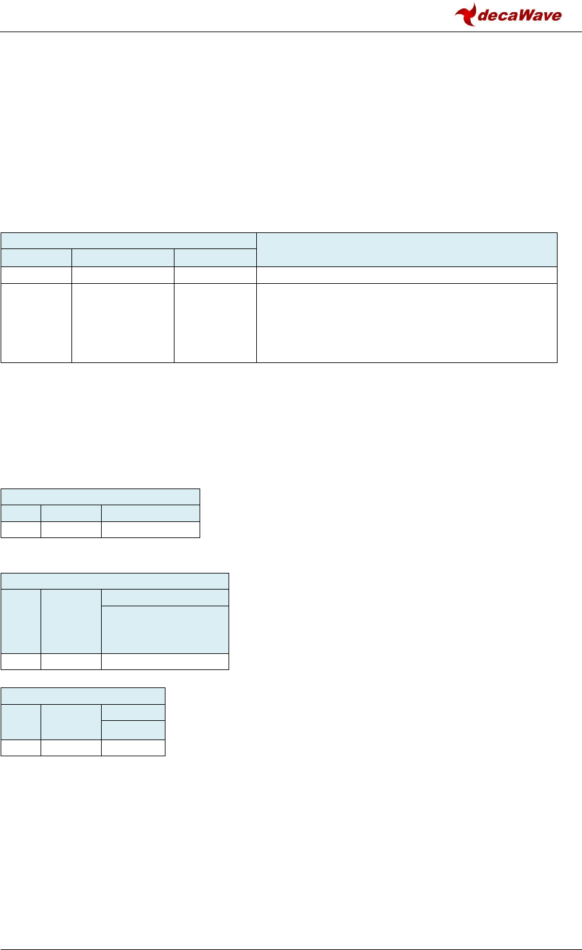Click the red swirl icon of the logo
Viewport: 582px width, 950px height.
pos(465,14)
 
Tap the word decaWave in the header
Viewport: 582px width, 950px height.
pos(519,15)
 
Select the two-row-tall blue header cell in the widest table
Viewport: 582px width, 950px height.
pos(406,249)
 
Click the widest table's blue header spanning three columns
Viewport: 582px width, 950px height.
pos(129,240)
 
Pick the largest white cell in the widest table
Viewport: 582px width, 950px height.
pos(406,322)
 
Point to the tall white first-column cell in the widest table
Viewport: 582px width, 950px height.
pos(36,322)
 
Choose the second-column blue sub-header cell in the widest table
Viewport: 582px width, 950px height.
pos(122,257)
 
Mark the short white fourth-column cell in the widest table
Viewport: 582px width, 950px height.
pos(406,275)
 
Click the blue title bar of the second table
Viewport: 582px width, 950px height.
pos(100,497)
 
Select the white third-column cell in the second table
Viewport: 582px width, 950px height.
pos(151,529)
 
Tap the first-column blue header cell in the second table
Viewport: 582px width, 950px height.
pos(21,513)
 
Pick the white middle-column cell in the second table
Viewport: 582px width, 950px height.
pos(71,529)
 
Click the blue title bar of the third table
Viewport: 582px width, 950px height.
pos(115,581)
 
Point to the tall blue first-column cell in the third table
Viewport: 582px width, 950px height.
pos(21,621)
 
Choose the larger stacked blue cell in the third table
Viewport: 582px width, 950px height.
pos(165,629)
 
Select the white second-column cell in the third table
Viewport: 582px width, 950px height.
pos(71,662)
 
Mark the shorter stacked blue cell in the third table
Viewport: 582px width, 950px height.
pos(165,597)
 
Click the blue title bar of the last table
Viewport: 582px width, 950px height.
pos(83,696)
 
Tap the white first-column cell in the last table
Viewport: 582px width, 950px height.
pos(21,747)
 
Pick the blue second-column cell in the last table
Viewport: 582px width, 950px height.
pos(71,722)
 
